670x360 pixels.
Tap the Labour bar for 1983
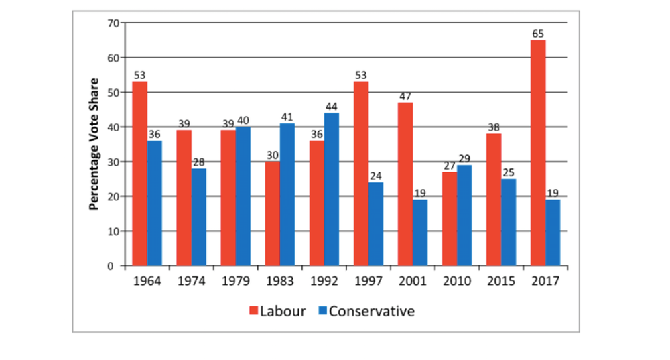[x=273, y=214]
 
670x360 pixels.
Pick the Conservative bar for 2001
[x=420, y=233]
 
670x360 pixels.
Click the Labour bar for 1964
[x=140, y=174]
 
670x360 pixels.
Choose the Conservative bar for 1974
[x=199, y=217]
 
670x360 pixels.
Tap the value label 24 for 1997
[x=376, y=176]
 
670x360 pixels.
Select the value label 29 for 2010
[x=464, y=159]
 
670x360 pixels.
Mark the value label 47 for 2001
[x=405, y=97]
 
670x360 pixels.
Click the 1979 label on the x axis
[x=236, y=281]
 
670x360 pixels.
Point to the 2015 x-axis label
[x=501, y=281]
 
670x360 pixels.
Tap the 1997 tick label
[x=368, y=281]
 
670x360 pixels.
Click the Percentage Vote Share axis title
[x=94, y=144]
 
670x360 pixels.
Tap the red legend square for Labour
[x=254, y=312]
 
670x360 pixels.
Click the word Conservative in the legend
[x=372, y=312]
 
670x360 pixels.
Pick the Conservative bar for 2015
[x=509, y=223]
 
